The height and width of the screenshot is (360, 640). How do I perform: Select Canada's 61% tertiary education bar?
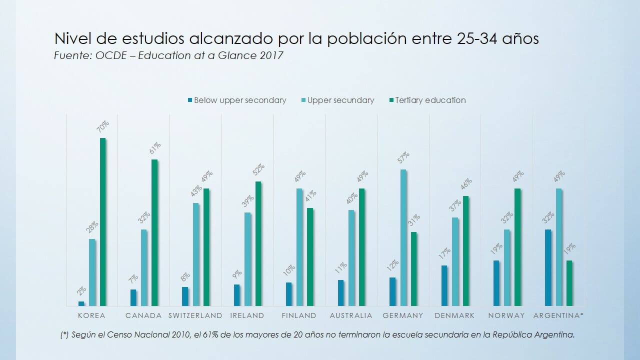coord(154,232)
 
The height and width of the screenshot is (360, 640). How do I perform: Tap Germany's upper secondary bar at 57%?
coord(403,237)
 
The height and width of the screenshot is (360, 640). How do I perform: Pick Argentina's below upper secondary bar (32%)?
coord(548,267)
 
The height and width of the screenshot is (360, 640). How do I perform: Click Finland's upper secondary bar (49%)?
coord(299,247)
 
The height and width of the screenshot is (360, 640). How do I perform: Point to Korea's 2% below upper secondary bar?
coord(81,303)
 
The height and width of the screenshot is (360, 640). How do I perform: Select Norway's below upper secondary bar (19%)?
coord(496,283)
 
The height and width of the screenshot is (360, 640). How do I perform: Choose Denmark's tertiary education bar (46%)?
coord(465,250)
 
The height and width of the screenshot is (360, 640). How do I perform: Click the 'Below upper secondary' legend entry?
coord(239,100)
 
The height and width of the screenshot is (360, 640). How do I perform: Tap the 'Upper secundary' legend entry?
coord(340,100)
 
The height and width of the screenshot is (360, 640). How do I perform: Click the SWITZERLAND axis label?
coord(195,315)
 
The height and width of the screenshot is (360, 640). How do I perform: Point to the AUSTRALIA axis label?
coord(351,315)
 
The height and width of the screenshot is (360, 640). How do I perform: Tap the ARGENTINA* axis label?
coord(558,315)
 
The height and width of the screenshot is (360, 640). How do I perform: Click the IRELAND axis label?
coord(247,315)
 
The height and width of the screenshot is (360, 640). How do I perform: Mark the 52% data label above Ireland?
coord(258,170)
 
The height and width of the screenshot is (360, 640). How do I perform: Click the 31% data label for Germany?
coord(413,221)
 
